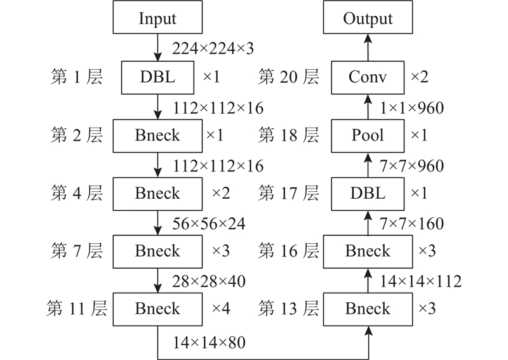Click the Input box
[x=157, y=17]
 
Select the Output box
[x=368, y=17]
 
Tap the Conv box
[x=368, y=77]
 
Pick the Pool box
[x=368, y=136]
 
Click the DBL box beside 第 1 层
[x=157, y=77]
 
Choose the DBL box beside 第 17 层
[x=368, y=194]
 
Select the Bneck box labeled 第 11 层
[x=157, y=309]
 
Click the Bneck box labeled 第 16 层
[x=368, y=251]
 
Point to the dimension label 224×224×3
[x=213, y=49]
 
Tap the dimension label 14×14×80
[x=209, y=342]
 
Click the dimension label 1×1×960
[x=411, y=108]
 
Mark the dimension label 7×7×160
[x=411, y=223]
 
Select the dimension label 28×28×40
[x=209, y=281]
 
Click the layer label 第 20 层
[x=288, y=77]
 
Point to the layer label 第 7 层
[x=76, y=251]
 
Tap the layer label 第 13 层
[x=288, y=308]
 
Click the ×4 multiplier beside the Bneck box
[x=221, y=308]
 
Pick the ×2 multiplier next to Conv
[x=419, y=77]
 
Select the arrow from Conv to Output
[x=368, y=48]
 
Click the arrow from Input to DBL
[x=157, y=48]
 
